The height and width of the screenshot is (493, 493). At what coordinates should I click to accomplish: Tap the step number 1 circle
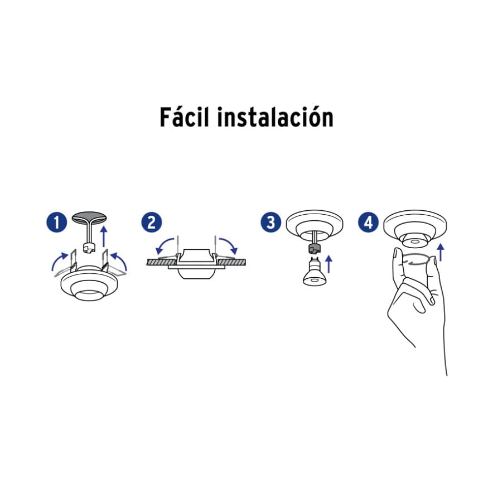click(x=57, y=223)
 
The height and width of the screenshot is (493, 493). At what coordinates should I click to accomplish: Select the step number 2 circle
click(x=151, y=223)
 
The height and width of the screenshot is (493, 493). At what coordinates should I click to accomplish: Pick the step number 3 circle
click(x=272, y=223)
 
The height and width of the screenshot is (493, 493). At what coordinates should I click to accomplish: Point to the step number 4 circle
click(x=368, y=223)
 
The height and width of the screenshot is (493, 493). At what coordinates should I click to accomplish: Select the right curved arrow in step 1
click(x=120, y=259)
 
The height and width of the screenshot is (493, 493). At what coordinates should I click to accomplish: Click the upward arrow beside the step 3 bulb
click(x=329, y=263)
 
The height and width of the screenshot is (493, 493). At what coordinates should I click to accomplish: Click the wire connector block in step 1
click(x=88, y=246)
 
